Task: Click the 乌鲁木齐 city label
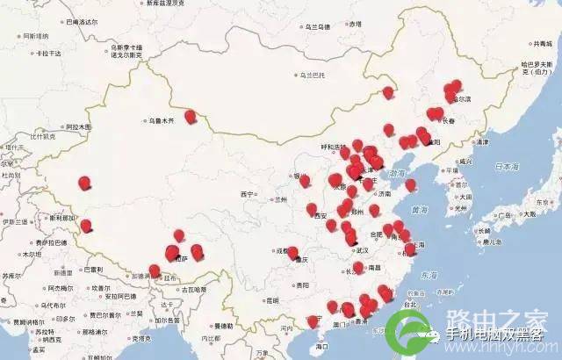[x=161, y=120]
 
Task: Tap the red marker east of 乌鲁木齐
[x=190, y=115]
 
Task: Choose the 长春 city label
[x=449, y=121]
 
